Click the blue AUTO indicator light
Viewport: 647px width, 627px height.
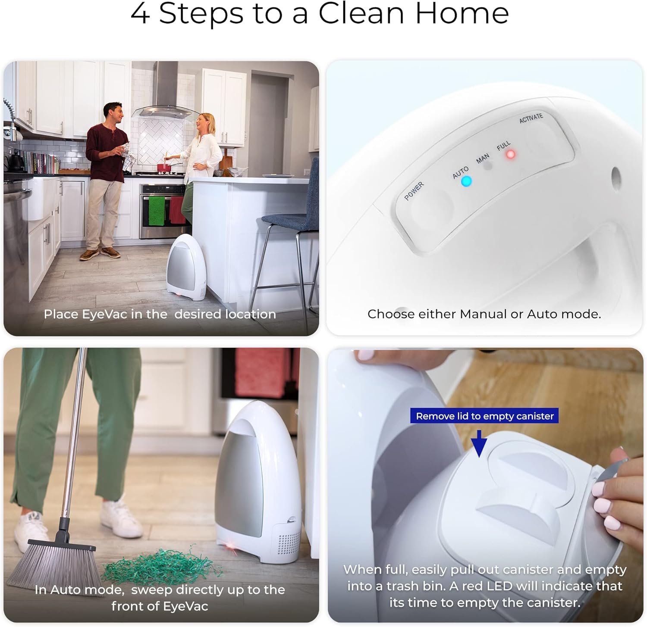[466, 181]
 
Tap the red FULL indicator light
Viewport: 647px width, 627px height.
[511, 154]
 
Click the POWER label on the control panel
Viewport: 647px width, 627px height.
[414, 191]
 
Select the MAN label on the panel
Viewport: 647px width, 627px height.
[483, 159]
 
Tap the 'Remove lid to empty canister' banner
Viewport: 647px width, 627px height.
[484, 416]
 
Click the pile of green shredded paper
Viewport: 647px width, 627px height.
[162, 566]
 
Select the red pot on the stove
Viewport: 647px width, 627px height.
[163, 168]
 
